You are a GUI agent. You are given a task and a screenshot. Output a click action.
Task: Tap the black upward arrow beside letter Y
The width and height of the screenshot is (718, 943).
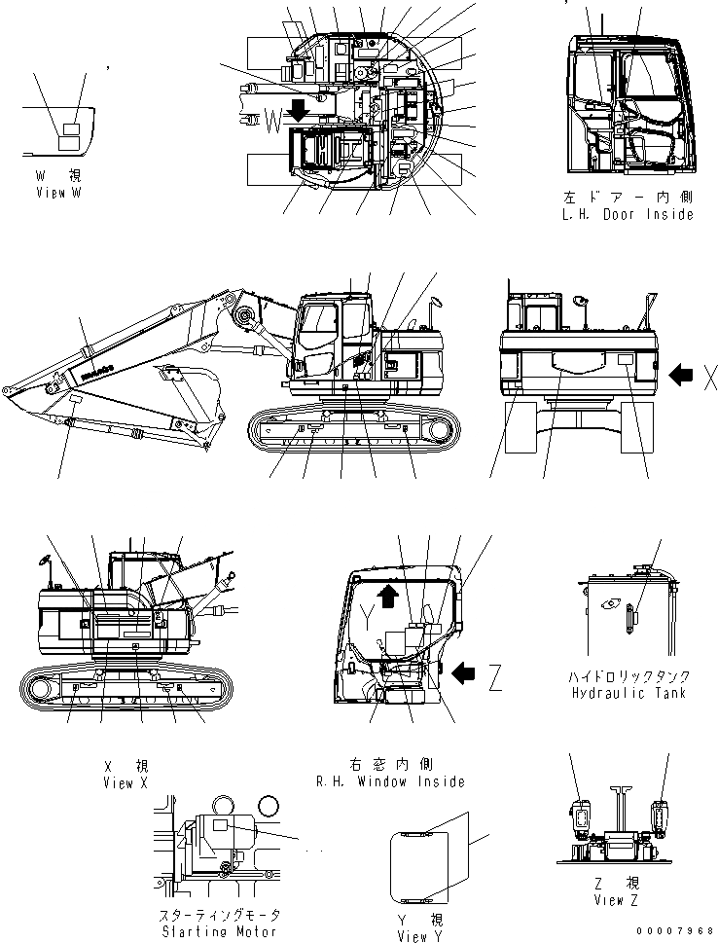(387, 595)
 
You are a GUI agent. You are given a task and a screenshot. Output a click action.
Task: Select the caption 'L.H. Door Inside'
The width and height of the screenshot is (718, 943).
(630, 214)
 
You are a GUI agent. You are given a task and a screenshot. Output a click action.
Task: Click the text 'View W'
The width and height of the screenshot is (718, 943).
(56, 194)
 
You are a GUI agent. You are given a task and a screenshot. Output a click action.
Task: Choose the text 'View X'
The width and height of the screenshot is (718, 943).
(125, 783)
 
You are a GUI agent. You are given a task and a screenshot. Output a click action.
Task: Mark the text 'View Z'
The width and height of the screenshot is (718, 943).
(617, 900)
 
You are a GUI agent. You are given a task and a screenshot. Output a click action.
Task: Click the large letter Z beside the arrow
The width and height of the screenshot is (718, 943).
(495, 675)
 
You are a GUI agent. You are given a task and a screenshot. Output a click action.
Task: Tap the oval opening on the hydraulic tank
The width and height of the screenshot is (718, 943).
(611, 604)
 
